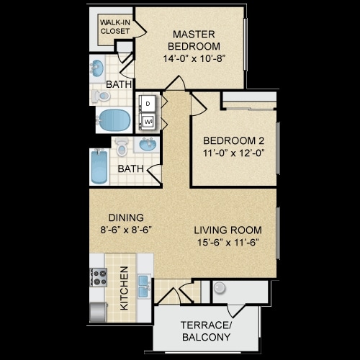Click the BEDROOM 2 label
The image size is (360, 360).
click(233, 140)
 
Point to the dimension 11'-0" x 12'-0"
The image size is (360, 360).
click(233, 153)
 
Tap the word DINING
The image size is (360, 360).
click(127, 217)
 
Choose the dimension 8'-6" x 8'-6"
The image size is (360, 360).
click(127, 230)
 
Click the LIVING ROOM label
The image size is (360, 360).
click(228, 230)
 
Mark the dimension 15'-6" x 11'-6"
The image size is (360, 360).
click(228, 242)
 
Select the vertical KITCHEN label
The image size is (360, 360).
click(124, 289)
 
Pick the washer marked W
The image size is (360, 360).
click(148, 122)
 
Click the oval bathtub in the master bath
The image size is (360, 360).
click(114, 119)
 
